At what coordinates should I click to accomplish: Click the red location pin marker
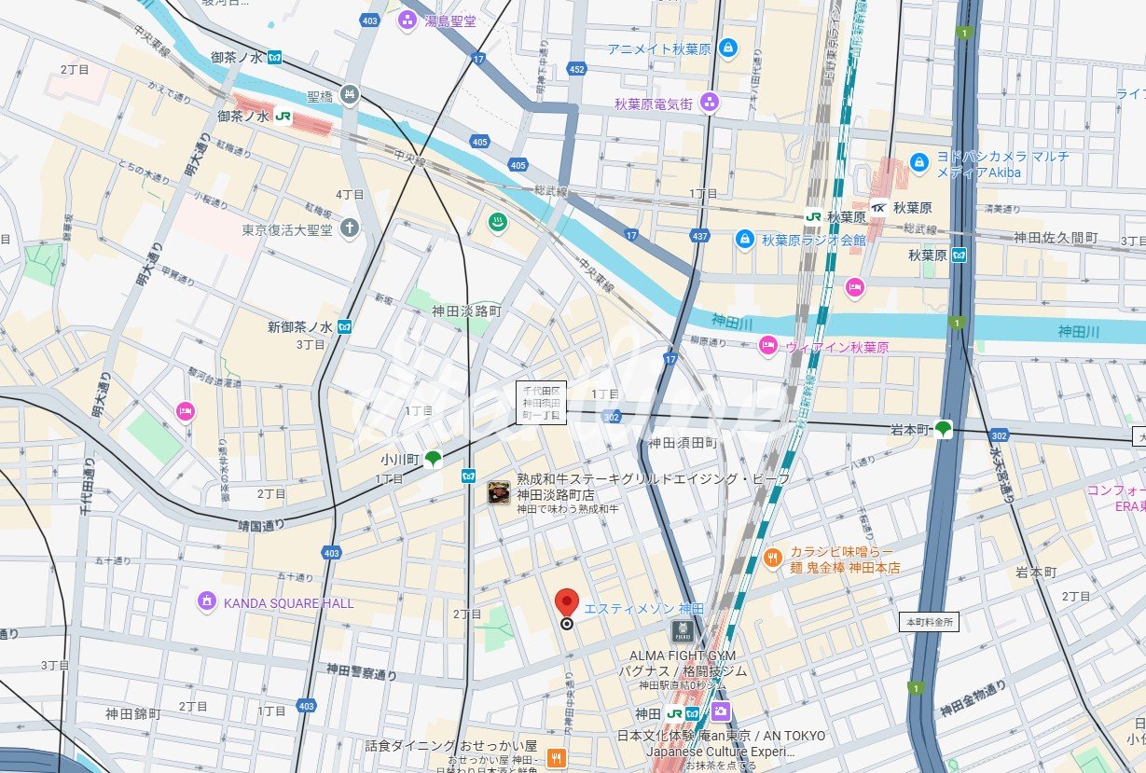[x=566, y=603]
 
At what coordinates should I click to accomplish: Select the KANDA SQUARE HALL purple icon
[x=207, y=602]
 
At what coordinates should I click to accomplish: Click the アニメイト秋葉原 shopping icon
[x=727, y=48]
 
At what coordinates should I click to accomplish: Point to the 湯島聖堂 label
[x=449, y=21]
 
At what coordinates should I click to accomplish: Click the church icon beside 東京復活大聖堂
[x=349, y=228]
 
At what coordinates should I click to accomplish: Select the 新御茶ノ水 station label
[x=299, y=327]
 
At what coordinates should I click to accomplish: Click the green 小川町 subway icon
[x=433, y=458]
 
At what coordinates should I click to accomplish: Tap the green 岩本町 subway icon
[x=944, y=429]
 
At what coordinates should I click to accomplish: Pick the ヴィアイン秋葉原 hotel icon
[x=767, y=346]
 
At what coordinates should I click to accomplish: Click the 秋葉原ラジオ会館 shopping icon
[x=744, y=240]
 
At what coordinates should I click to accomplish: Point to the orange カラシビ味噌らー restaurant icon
[x=772, y=559]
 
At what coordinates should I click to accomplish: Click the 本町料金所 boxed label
[x=930, y=621]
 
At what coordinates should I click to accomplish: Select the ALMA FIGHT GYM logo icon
[x=683, y=631]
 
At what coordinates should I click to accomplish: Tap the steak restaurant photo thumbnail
[x=499, y=492]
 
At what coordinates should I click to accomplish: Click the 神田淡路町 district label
[x=466, y=311]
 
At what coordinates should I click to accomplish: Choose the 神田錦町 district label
[x=133, y=714]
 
